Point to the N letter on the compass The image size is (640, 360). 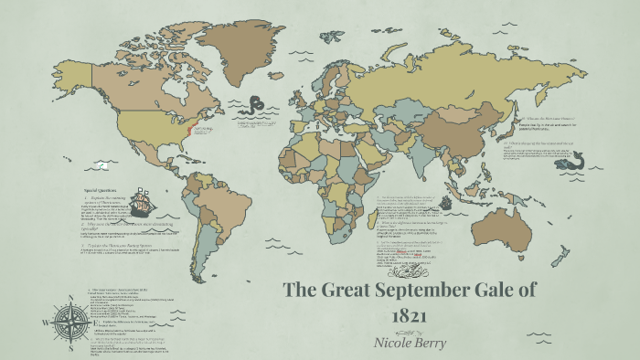[67, 299]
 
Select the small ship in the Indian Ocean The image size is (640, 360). [447, 201]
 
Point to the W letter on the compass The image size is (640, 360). [43, 323]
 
